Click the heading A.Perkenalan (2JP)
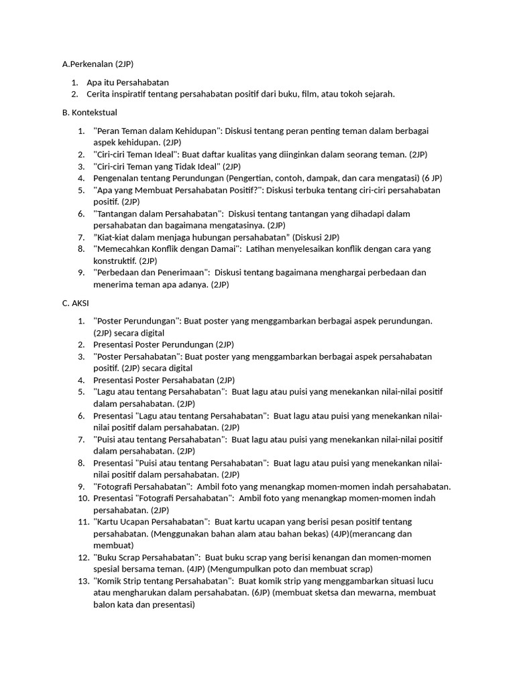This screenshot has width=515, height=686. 98,64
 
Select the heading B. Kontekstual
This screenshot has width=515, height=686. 89,113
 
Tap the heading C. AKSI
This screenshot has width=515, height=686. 76,303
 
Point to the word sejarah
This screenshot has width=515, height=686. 378,94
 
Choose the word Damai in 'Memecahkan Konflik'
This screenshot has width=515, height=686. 221,249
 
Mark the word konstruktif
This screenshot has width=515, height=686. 115,261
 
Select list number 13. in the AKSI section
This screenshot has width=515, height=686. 84,581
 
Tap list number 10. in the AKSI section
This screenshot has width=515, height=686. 84,498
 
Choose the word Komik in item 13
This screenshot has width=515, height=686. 111,581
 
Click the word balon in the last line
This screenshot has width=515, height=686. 104,604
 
